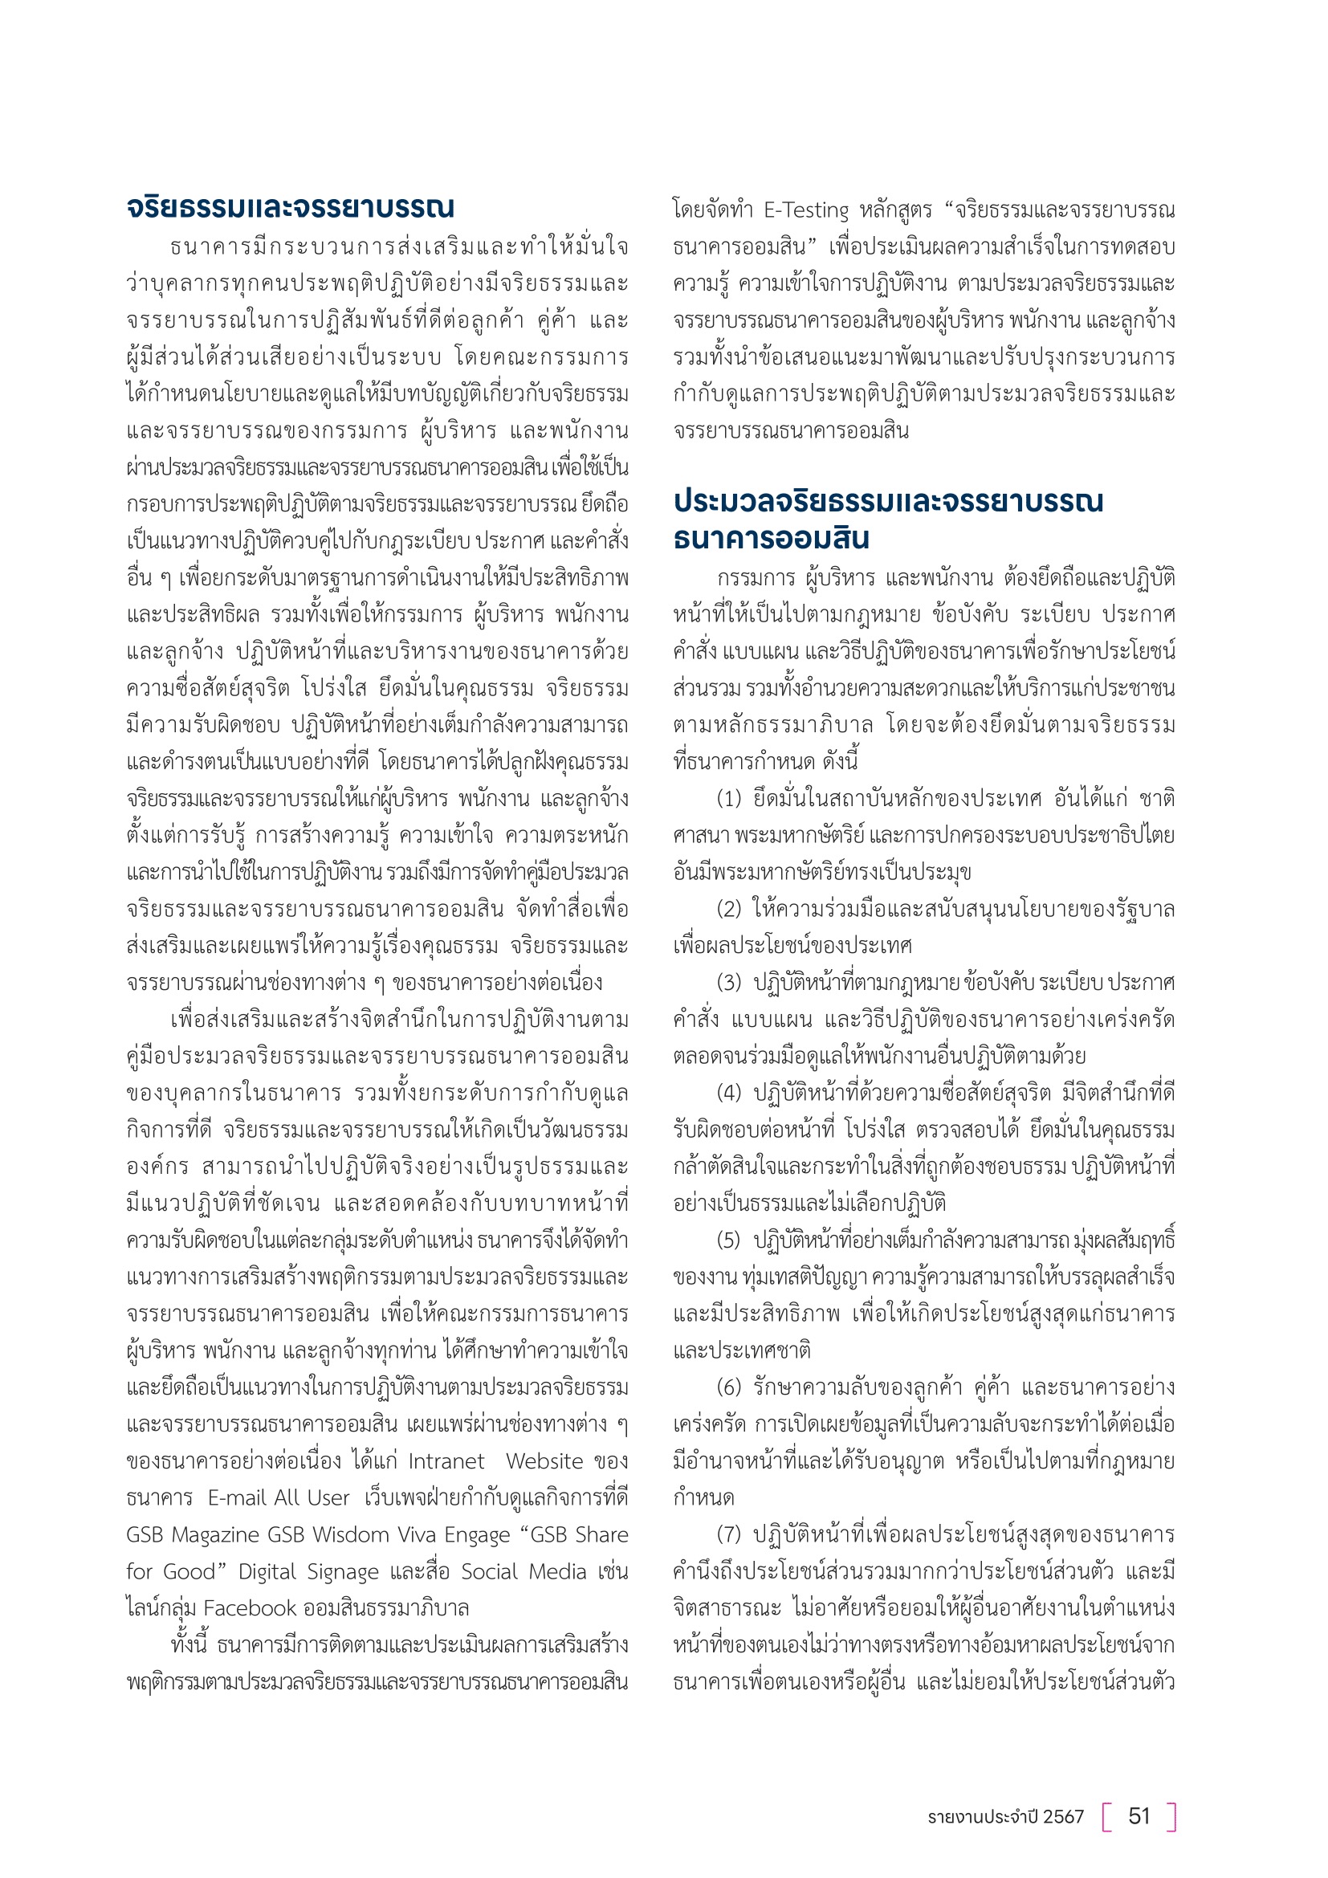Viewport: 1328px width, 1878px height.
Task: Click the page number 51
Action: click(x=1139, y=1816)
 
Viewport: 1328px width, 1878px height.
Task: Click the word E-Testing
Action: click(x=807, y=211)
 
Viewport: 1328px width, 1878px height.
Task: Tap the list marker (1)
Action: click(x=728, y=798)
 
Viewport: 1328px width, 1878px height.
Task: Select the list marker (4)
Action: click(x=728, y=1093)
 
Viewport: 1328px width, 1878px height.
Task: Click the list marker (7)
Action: click(x=728, y=1534)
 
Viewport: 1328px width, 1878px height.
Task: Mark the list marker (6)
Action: click(x=728, y=1387)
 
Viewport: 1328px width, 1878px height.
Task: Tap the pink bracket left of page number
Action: click(x=1107, y=1817)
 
